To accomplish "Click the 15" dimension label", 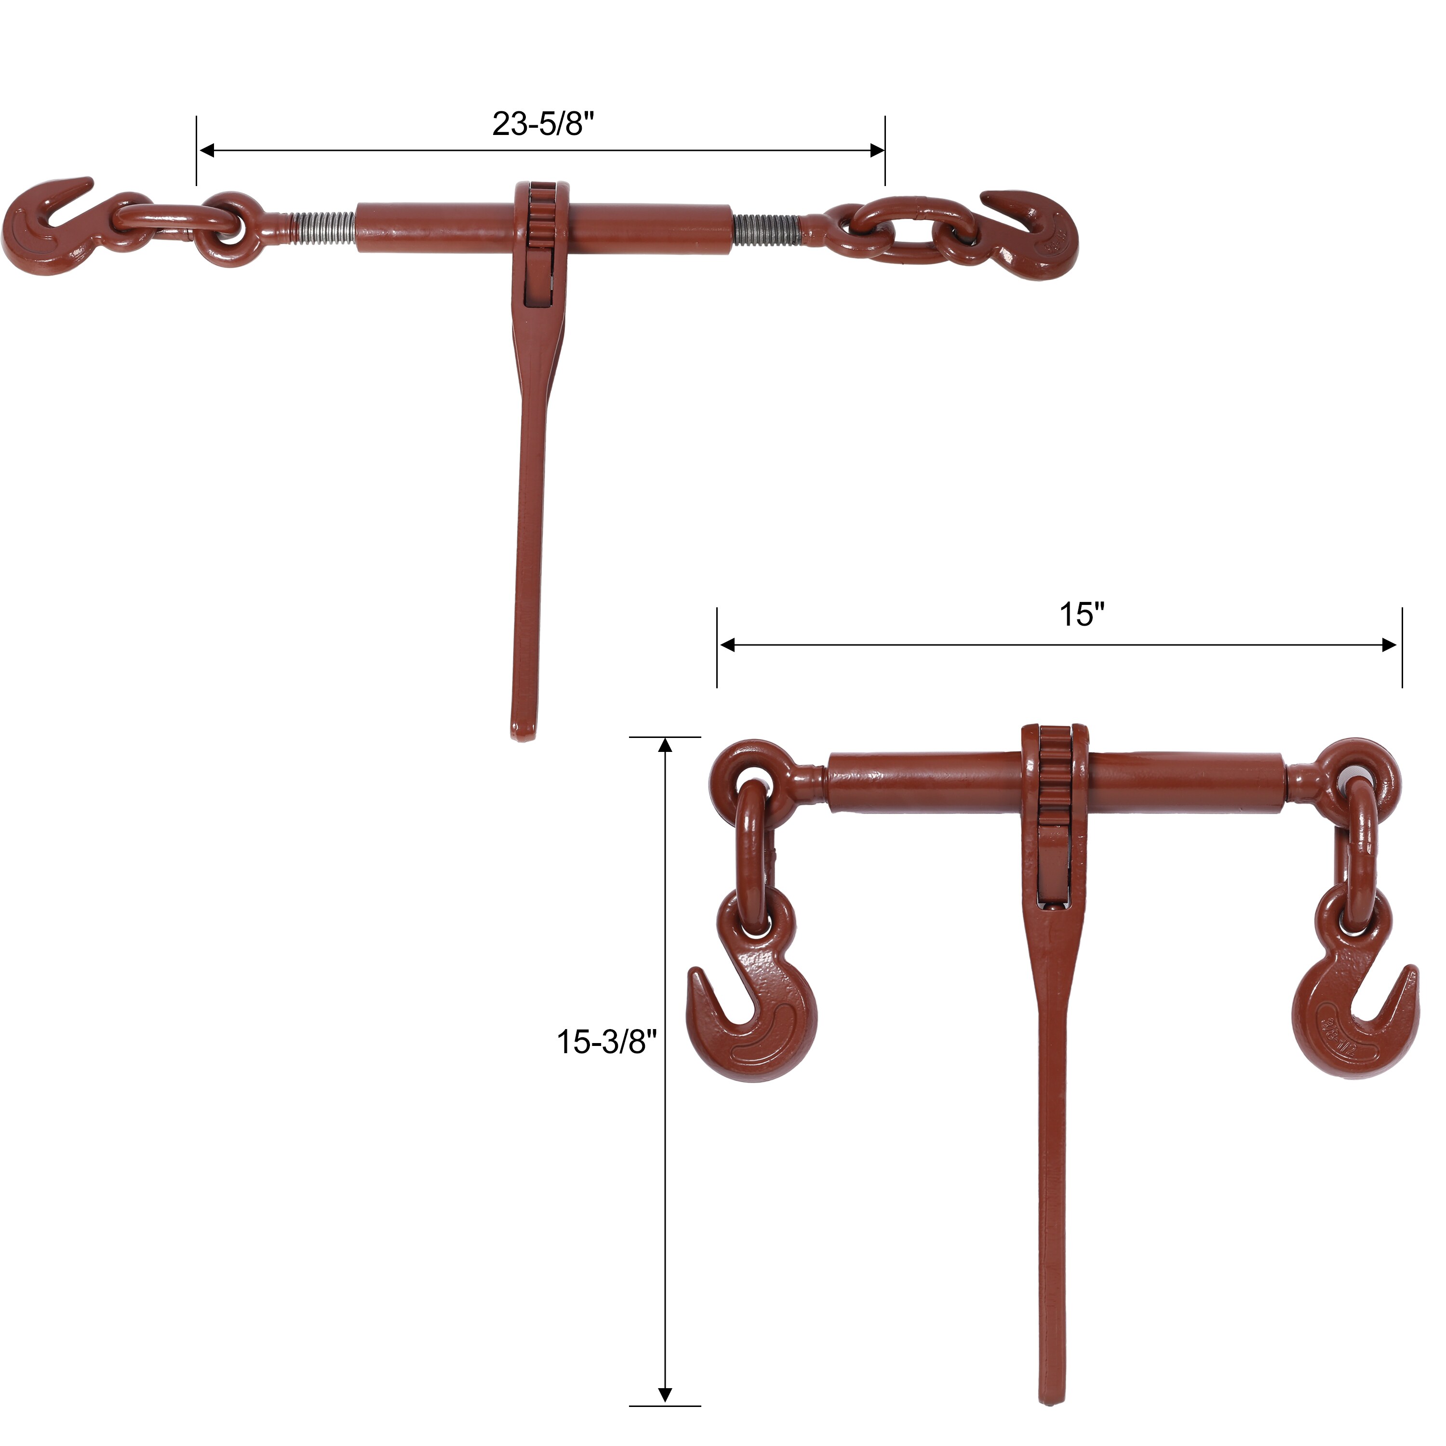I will [x=1082, y=615].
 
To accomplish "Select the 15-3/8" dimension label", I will [x=606, y=1042].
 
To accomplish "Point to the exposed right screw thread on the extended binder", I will [x=767, y=229].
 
